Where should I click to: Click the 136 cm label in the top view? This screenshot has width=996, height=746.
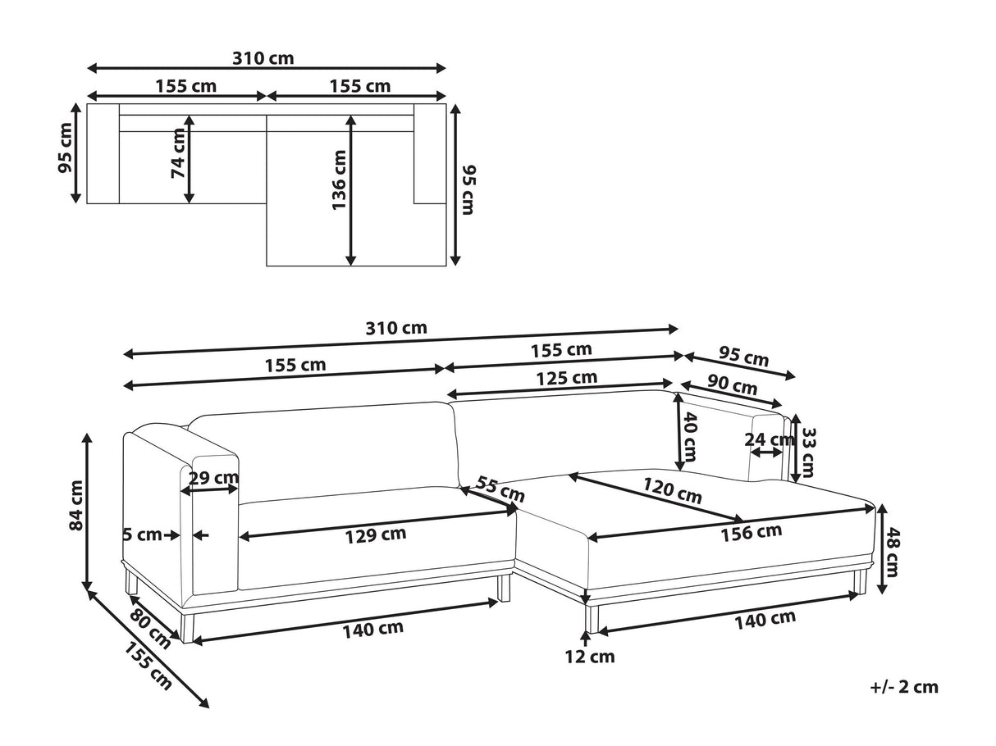click(x=340, y=180)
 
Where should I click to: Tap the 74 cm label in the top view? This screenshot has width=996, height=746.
click(x=178, y=153)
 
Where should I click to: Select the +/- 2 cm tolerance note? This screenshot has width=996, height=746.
click(x=904, y=687)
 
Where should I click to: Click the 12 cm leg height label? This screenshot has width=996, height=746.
click(x=590, y=657)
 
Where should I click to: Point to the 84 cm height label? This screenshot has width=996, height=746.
click(x=76, y=505)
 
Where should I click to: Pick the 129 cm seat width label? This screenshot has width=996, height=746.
click(x=376, y=535)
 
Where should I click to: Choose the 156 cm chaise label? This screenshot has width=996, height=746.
click(x=752, y=532)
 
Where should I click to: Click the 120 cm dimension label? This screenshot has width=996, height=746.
click(x=673, y=491)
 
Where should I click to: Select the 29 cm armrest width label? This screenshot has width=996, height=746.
click(x=213, y=478)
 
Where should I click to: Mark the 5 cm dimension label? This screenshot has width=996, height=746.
click(x=143, y=534)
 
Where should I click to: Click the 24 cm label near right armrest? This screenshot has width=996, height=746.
click(x=769, y=439)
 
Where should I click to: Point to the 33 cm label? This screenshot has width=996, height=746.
click(x=808, y=453)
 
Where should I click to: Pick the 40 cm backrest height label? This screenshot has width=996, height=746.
click(x=690, y=436)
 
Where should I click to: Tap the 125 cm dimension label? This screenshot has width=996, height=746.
click(x=567, y=378)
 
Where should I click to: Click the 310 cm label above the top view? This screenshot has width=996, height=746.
click(x=263, y=58)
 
